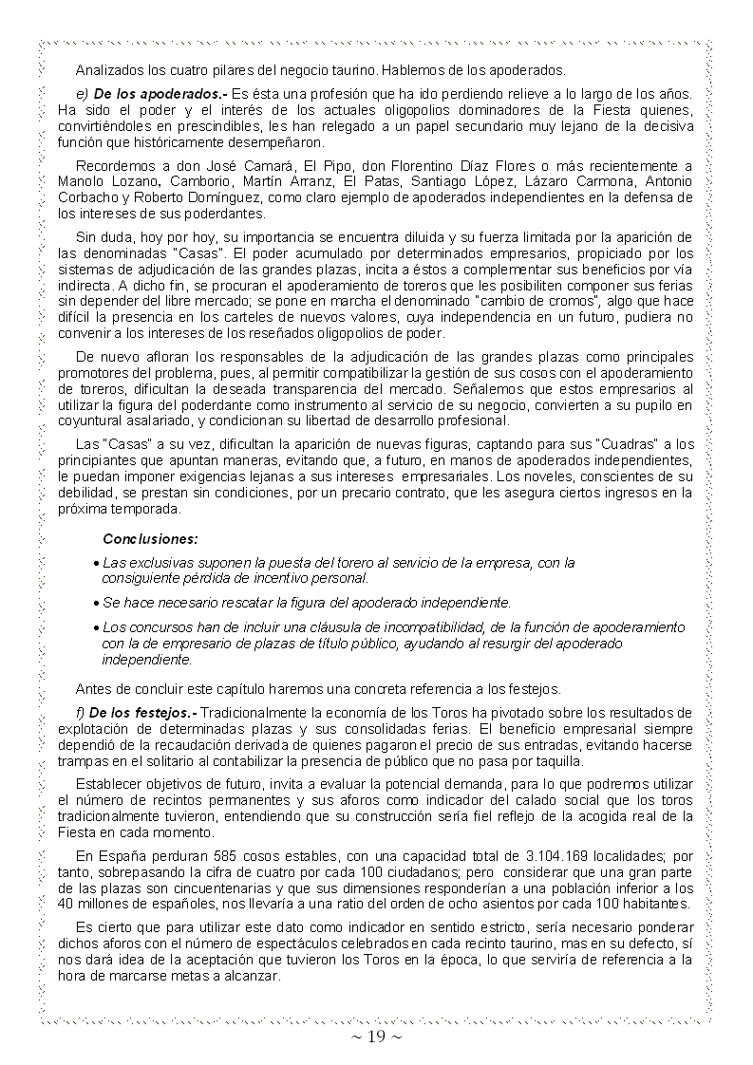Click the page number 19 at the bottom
click(377, 1037)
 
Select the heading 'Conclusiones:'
click(150, 538)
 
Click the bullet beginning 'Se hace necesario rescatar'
click(306, 602)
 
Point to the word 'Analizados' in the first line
click(110, 69)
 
